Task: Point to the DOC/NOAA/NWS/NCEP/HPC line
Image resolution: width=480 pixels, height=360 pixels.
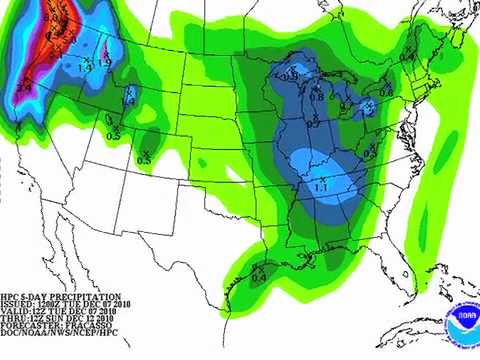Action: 50,345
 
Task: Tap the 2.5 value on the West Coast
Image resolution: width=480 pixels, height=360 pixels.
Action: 23,89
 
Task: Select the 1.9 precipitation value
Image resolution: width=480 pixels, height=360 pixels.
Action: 107,64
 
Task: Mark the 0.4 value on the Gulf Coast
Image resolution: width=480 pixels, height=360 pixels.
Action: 258,277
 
